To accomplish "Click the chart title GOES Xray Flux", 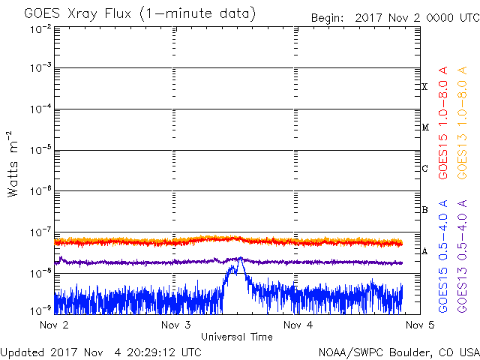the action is [78, 13].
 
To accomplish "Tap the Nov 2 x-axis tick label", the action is [54, 325].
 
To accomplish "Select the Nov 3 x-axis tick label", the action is [176, 325].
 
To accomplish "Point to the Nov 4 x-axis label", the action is [298, 325].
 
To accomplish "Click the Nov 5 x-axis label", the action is [420, 325].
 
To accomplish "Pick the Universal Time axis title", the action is [237, 337].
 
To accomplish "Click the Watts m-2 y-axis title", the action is [13, 164].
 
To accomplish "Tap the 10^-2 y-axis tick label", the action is [40, 29].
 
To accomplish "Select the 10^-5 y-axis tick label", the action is [40, 150].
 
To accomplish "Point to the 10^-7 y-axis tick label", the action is [40, 232].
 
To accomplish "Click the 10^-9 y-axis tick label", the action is [40, 311].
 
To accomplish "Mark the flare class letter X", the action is [424, 87].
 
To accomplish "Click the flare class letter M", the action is [425, 127].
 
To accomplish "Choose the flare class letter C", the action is [425, 168].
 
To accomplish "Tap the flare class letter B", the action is [424, 210].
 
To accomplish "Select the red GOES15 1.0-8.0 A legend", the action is [443, 123].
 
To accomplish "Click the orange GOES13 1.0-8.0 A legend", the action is [462, 123].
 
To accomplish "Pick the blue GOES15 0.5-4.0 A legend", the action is [443, 256].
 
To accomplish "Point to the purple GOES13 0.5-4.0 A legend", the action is [462, 256].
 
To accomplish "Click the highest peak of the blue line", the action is [241, 257].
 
